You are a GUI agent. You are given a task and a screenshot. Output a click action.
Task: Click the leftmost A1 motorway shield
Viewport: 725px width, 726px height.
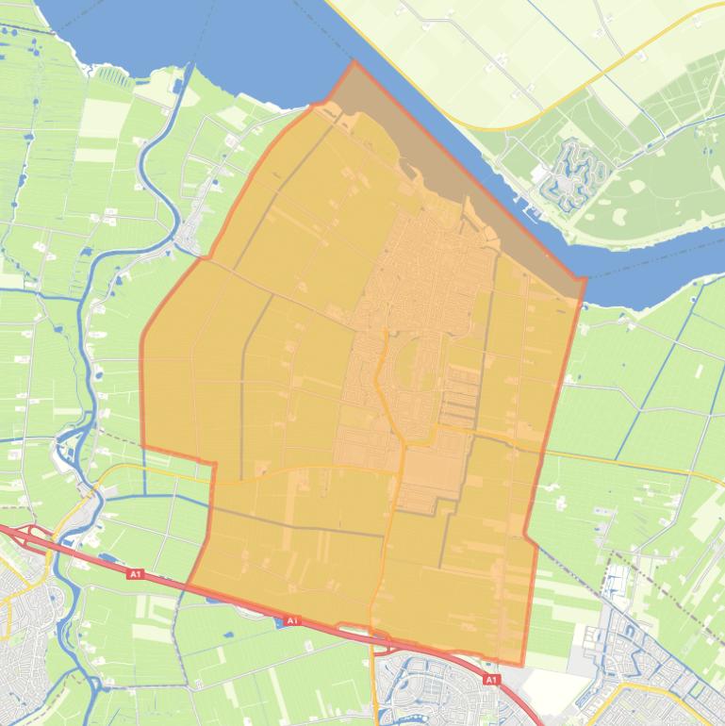pyautogui.click(x=135, y=573)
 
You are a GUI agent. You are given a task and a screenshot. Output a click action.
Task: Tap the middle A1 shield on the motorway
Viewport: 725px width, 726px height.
pyautogui.click(x=291, y=620)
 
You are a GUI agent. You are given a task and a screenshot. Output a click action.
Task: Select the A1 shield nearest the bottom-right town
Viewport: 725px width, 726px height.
pyautogui.click(x=490, y=679)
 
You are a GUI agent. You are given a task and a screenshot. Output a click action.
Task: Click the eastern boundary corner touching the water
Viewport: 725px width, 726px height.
pyautogui.click(x=585, y=278)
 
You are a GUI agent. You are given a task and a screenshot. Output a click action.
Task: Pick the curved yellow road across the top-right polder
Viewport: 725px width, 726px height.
pyautogui.click(x=566, y=104)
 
